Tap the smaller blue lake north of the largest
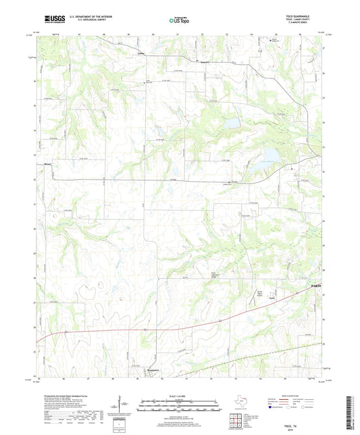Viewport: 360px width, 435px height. click(232, 124)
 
